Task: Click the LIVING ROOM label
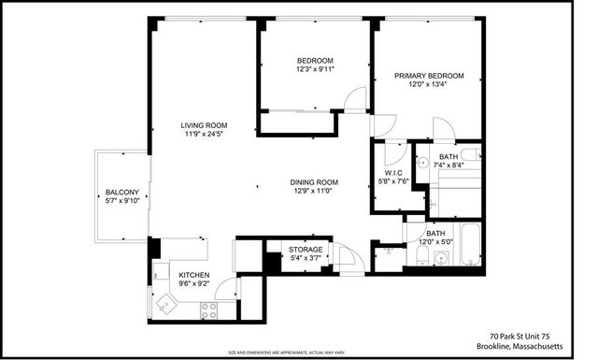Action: coord(205,125)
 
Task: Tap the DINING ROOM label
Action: coord(313,181)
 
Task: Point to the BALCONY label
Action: coord(121,192)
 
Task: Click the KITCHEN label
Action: coord(193,275)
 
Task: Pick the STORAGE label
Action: coord(305,250)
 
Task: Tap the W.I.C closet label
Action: coord(391,171)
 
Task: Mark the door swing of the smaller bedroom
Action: coord(351,100)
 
